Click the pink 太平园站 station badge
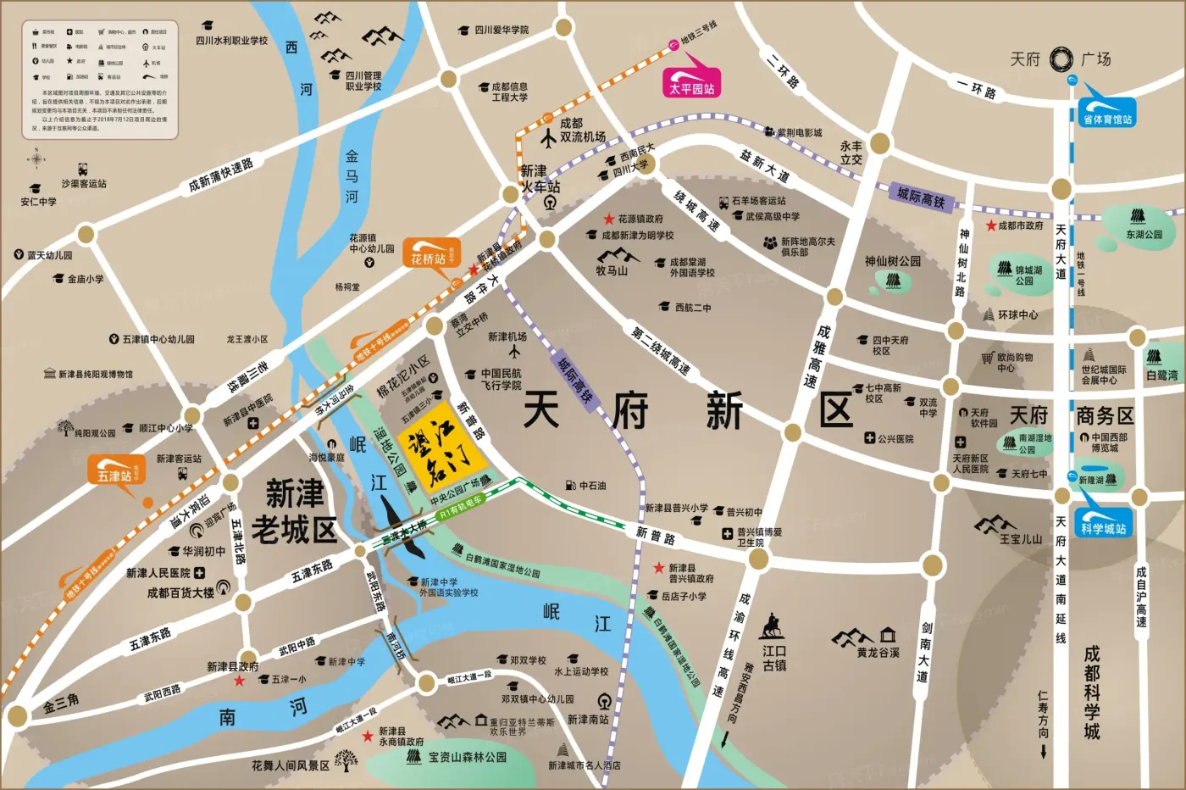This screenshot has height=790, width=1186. tap(691, 83)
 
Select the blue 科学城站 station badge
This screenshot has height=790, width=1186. tap(1102, 522)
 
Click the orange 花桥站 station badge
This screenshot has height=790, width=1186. tap(430, 253)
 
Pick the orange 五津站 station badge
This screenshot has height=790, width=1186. tap(116, 470)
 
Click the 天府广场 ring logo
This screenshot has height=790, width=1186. tap(1061, 59)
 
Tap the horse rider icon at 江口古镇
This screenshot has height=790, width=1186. tap(771, 628)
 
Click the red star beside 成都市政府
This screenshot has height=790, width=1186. tap(990, 225)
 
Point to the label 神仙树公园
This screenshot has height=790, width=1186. tap(892, 261)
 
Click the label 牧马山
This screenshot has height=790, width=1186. tap(612, 270)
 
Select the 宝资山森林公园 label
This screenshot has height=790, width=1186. tap(467, 757)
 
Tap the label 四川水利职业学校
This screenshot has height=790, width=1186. tap(231, 40)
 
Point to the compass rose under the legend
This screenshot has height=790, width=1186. tap(36, 158)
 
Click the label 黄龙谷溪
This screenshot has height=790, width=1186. tap(878, 652)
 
